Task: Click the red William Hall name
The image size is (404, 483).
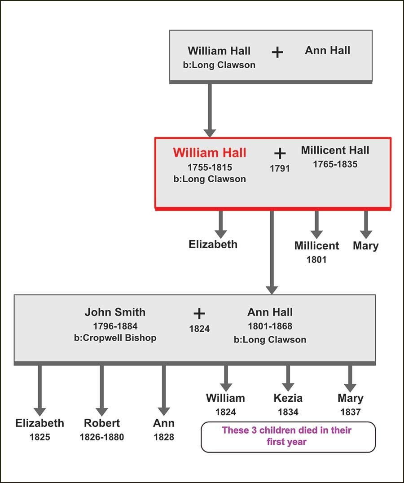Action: click(x=210, y=153)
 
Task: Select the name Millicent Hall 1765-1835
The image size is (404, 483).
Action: click(x=335, y=150)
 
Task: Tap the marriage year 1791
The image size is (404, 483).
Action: click(x=280, y=169)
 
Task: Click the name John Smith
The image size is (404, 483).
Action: click(x=115, y=312)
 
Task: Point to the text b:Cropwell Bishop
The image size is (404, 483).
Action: click(x=115, y=338)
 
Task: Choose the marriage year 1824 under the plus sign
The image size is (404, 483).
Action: click(x=199, y=329)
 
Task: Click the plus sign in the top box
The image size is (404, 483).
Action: click(x=277, y=53)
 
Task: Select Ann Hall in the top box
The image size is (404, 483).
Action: click(x=327, y=50)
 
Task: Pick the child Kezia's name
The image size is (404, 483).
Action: click(x=288, y=398)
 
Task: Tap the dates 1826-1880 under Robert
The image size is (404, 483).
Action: click(x=102, y=437)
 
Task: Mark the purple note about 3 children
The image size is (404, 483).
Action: click(x=287, y=436)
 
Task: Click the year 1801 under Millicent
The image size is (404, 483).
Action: click(x=316, y=259)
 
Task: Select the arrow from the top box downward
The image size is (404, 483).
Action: click(x=210, y=110)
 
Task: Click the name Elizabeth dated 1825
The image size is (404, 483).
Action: click(x=40, y=423)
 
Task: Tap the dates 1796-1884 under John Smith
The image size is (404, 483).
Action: click(x=115, y=326)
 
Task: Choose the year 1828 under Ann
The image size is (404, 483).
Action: click(x=164, y=437)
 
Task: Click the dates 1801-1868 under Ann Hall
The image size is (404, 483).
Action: click(x=270, y=326)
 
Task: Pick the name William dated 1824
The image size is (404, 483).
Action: click(x=225, y=398)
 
